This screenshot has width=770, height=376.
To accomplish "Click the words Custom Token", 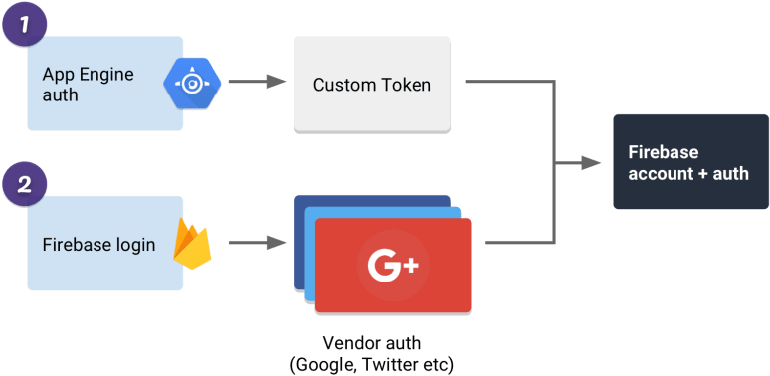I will tap(372, 85).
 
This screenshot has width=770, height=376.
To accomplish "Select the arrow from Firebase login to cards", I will tap(253, 242).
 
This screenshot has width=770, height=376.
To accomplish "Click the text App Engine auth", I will tap(89, 85).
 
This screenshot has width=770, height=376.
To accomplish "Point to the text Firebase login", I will tap(99, 244).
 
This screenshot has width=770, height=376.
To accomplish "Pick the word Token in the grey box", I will tap(408, 85).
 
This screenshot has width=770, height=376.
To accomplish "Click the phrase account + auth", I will tap(688, 173).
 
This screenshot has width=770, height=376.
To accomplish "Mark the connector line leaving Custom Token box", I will tap(507, 82).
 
